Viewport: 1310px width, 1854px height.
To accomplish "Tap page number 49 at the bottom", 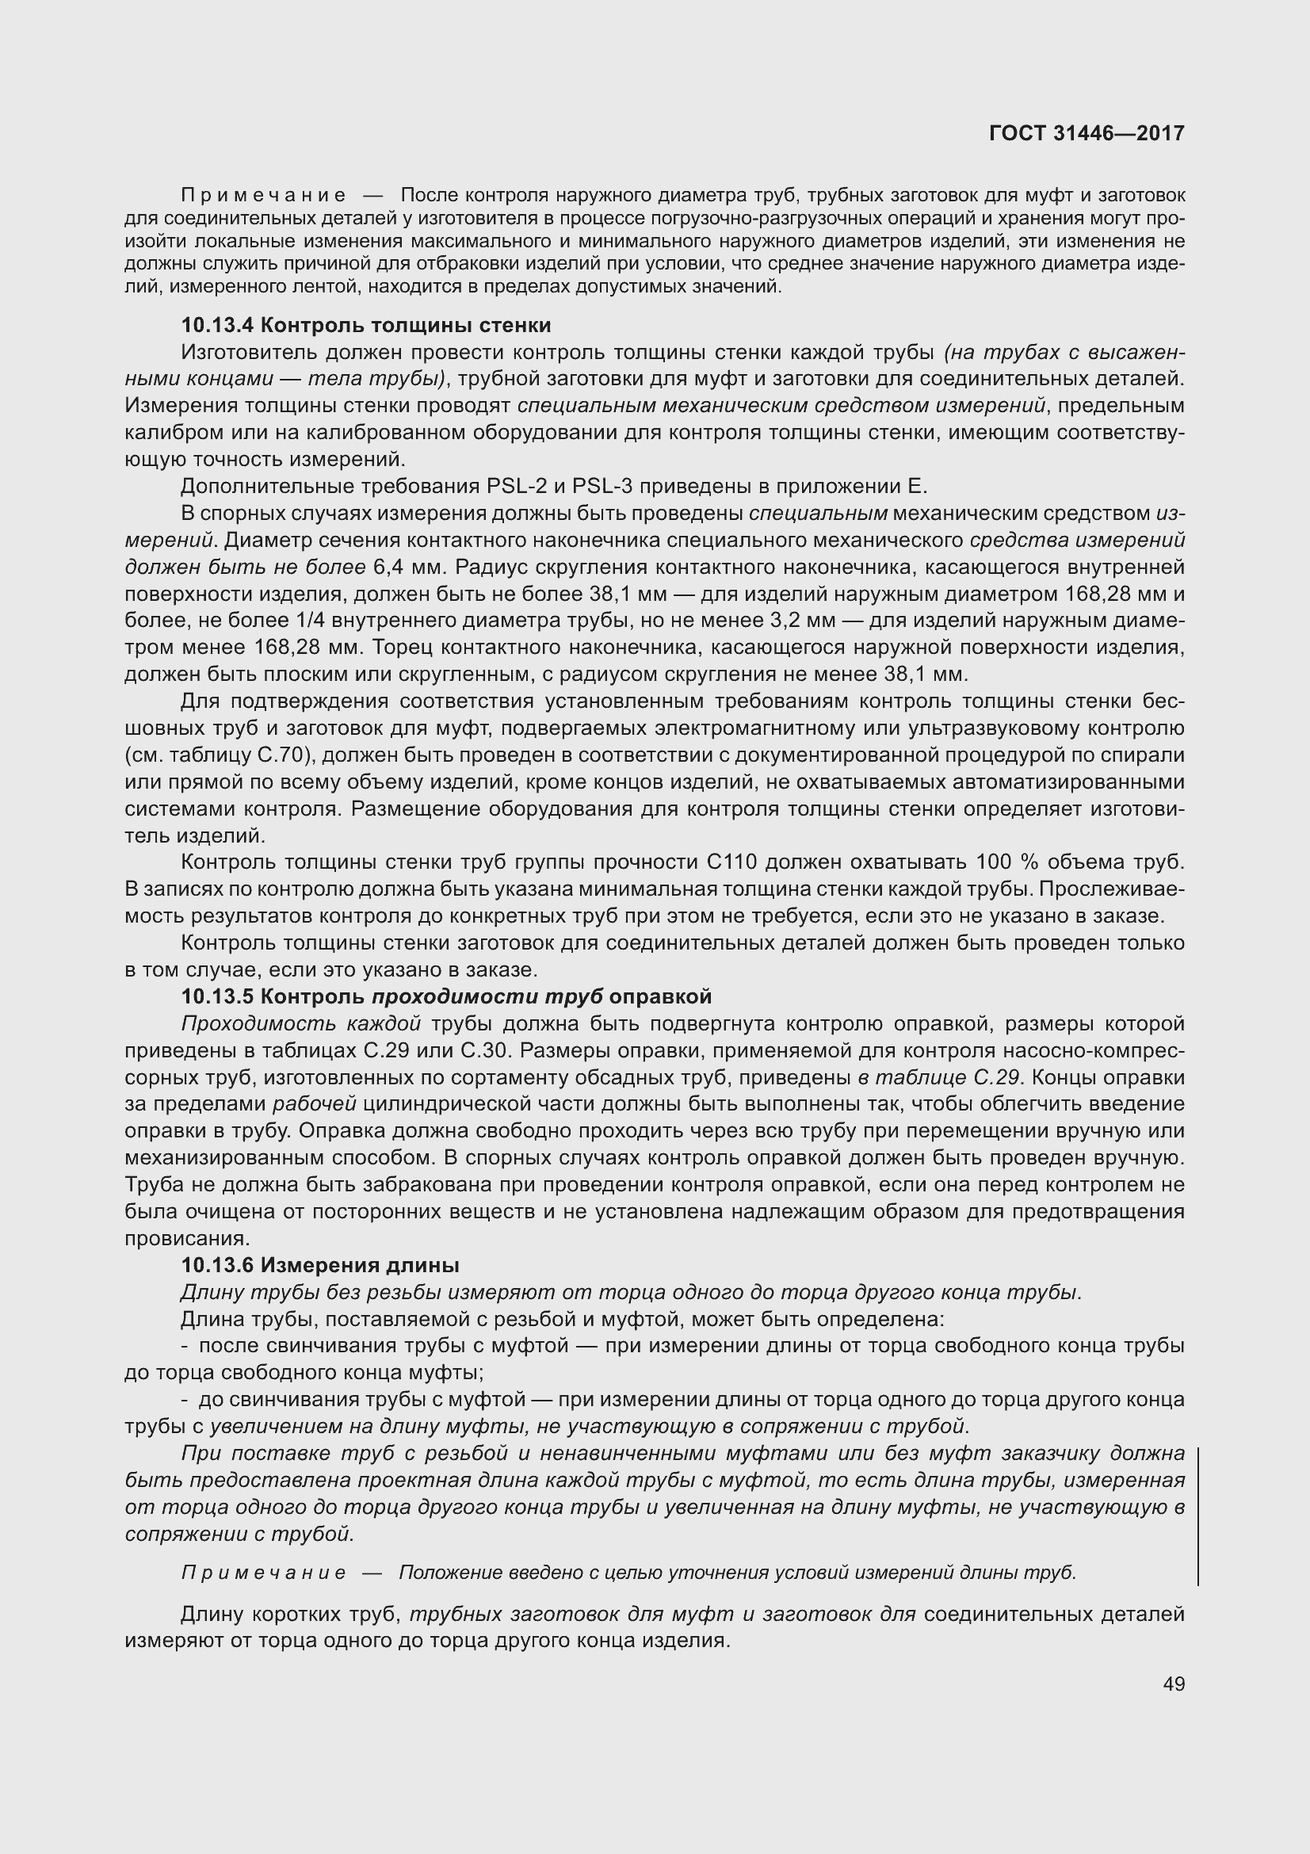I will tap(1174, 1684).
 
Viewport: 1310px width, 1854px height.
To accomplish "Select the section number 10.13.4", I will tap(217, 326).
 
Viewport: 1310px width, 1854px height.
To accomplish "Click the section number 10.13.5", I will tap(217, 997).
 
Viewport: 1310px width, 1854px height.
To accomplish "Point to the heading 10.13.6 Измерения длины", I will tap(319, 1265).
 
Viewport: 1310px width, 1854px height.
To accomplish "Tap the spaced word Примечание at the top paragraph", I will tap(264, 196).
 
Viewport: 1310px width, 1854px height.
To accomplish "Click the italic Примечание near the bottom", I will tap(264, 1573).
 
